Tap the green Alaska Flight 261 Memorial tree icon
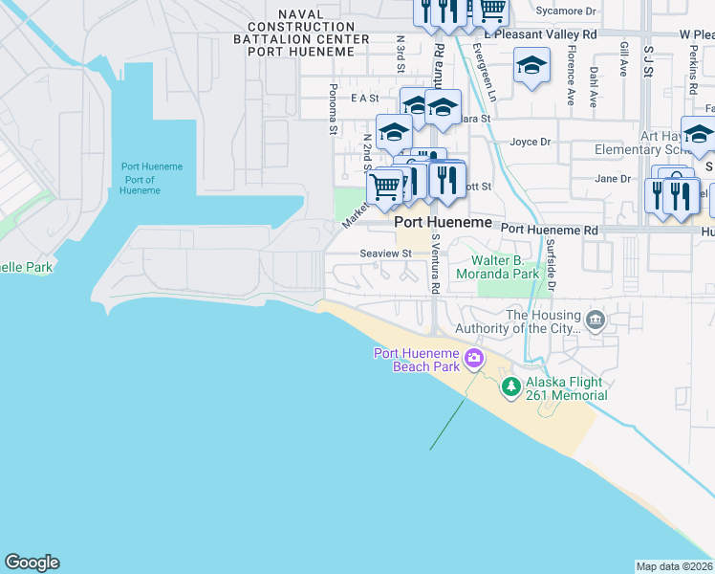[x=511, y=386]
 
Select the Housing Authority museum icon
[x=596, y=320]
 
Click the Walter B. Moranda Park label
[x=520, y=267]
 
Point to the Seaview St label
[x=385, y=254]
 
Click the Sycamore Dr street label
[x=566, y=11]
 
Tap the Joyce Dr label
[x=531, y=143]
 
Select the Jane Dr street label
[x=613, y=179]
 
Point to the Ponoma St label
[x=333, y=108]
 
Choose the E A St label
[x=365, y=98]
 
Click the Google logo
[x=32, y=563]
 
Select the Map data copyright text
[x=675, y=565]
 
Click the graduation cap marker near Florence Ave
[x=532, y=67]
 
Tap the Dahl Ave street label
[x=594, y=85]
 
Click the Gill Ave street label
[x=623, y=59]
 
